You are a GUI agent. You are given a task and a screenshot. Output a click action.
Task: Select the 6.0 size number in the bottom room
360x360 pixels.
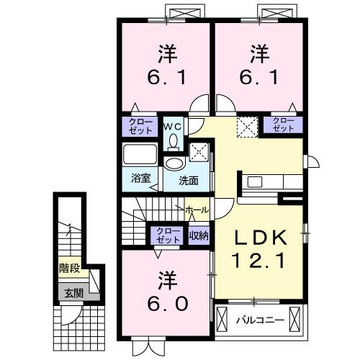coord(166,303)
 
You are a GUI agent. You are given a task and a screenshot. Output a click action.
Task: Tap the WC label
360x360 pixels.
coord(174,125)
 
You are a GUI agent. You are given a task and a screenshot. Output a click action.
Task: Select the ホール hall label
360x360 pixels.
coord(197,210)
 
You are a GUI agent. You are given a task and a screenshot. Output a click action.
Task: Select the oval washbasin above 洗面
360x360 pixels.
coord(174,163)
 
